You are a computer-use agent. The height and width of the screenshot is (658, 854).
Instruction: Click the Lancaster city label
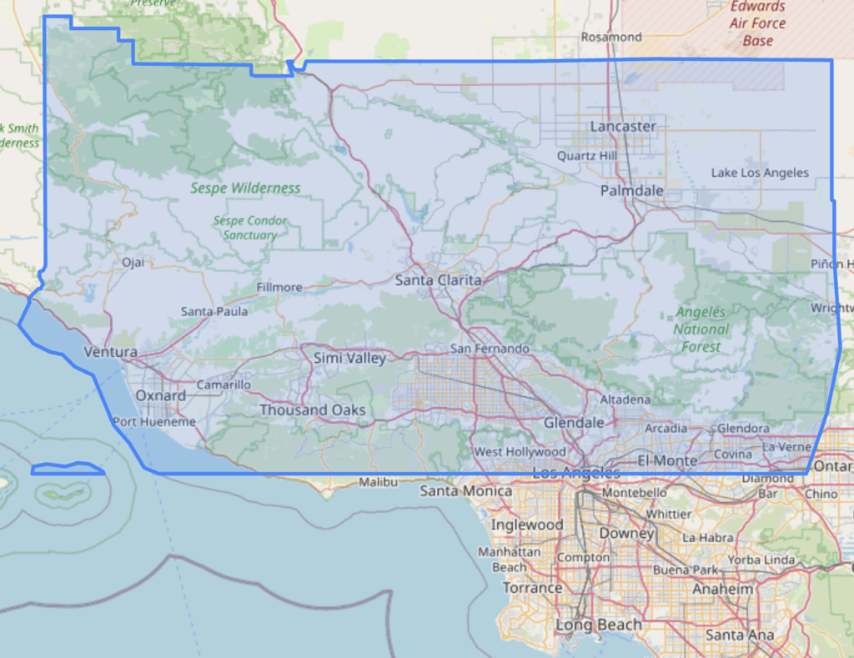[x=623, y=126]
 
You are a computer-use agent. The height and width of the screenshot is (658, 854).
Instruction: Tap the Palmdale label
[x=632, y=191]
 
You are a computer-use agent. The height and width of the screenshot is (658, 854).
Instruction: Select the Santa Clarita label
[x=438, y=280]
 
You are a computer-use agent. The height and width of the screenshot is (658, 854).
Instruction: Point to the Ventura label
[x=110, y=353]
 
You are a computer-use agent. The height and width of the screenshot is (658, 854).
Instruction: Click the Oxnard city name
[x=160, y=395]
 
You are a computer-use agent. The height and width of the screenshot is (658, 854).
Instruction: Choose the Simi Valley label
[x=349, y=359]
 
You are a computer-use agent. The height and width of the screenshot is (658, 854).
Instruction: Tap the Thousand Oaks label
[x=312, y=410]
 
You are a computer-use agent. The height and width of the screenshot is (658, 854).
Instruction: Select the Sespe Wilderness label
[x=245, y=188]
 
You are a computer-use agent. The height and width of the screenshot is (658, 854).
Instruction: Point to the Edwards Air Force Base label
[x=757, y=23]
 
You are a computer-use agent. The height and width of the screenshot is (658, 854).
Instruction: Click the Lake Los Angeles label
[x=760, y=173]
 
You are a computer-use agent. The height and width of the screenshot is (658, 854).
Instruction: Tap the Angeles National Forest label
[x=701, y=329]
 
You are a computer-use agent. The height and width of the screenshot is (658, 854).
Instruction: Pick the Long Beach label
[x=598, y=625]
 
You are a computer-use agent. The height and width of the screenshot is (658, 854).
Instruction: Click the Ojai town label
[x=133, y=262]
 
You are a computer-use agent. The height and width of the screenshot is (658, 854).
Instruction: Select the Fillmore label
[x=279, y=287]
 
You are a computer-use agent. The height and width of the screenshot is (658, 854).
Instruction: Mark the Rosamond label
[x=611, y=37]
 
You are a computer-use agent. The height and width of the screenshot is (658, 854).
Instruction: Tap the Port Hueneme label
[x=154, y=422]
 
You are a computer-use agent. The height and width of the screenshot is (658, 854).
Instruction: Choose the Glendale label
[x=574, y=423]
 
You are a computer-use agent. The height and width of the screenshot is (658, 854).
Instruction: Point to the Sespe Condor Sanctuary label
[x=250, y=228]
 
